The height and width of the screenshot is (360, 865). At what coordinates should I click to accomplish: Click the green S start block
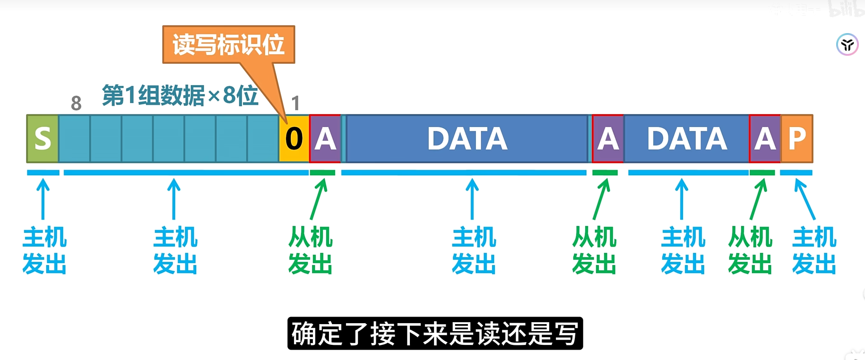click(x=43, y=138)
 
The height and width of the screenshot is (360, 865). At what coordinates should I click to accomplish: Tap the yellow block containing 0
click(x=294, y=138)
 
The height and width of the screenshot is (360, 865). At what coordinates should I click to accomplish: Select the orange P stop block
click(x=797, y=138)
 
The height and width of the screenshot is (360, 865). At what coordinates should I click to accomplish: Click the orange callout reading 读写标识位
click(x=229, y=45)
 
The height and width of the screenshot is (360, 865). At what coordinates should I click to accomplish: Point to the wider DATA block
click(x=467, y=138)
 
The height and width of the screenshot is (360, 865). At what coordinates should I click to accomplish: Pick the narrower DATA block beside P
click(x=687, y=138)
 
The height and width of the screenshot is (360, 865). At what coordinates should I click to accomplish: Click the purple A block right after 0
click(x=325, y=138)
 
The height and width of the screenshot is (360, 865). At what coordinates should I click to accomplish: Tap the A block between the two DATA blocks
click(x=608, y=138)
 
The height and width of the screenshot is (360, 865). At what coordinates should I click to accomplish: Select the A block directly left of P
click(x=765, y=138)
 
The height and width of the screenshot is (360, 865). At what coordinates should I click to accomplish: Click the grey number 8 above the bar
click(x=76, y=103)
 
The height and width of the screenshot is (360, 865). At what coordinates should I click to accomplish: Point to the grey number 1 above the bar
click(x=295, y=103)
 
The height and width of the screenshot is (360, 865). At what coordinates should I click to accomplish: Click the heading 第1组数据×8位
click(x=180, y=95)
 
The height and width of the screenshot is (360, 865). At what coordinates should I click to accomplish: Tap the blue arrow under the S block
click(x=43, y=199)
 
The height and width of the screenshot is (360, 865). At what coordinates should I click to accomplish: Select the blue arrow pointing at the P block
click(x=804, y=199)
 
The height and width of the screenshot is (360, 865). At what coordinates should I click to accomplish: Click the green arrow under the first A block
click(x=319, y=199)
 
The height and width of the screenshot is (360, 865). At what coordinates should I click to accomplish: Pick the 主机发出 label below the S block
click(x=44, y=250)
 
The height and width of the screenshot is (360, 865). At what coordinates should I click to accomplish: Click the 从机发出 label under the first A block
click(x=311, y=250)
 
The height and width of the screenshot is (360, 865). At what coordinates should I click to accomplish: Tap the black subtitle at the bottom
click(x=435, y=334)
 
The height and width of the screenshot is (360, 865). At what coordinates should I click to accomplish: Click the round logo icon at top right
click(x=847, y=45)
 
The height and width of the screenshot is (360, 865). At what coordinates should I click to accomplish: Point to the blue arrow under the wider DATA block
click(x=472, y=199)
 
